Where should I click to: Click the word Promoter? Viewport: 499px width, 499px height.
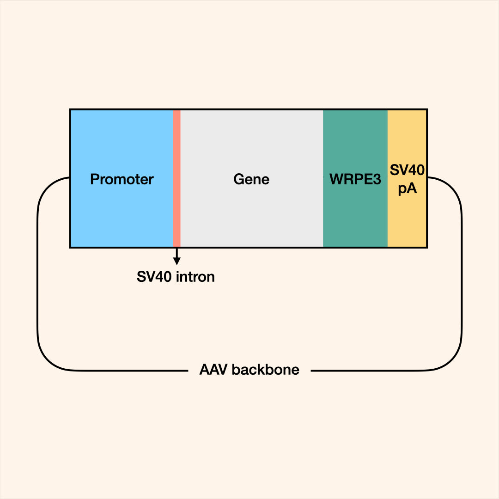tap(122, 179)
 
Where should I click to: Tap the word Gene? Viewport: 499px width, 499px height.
tap(251, 179)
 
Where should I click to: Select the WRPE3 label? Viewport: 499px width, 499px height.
tap(355, 179)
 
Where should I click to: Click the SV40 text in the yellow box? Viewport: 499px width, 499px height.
tap(407, 170)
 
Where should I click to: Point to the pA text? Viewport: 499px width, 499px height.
tap(407, 189)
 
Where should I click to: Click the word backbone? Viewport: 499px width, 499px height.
tap(266, 370)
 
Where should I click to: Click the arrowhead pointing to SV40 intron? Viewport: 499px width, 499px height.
tap(176, 261)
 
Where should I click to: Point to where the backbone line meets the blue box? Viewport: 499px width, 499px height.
tap(69, 177)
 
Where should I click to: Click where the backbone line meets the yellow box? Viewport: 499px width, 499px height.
tap(427, 177)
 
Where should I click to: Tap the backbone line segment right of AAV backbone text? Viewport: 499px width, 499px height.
tap(370, 370)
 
